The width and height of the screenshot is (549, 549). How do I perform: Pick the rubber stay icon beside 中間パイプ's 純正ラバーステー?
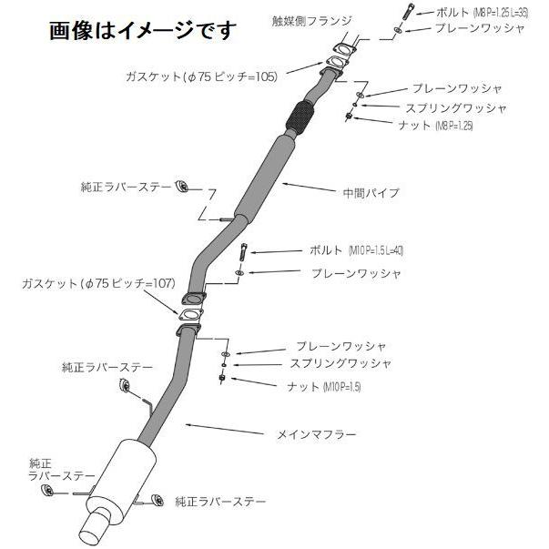[181, 187]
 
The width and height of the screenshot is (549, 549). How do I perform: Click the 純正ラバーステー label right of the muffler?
[222, 502]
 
